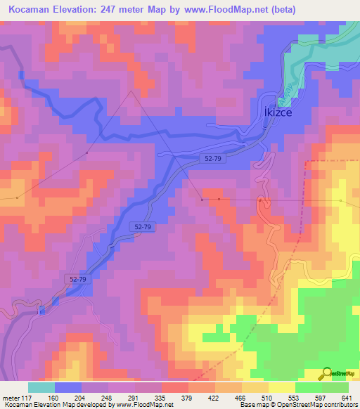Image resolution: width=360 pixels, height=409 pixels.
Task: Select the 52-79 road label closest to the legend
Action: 79,279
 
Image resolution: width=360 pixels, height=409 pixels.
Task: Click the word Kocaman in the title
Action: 30,10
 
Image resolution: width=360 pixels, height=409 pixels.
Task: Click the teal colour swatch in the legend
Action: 41,387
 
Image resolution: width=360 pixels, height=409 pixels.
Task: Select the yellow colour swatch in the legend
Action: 282,387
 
